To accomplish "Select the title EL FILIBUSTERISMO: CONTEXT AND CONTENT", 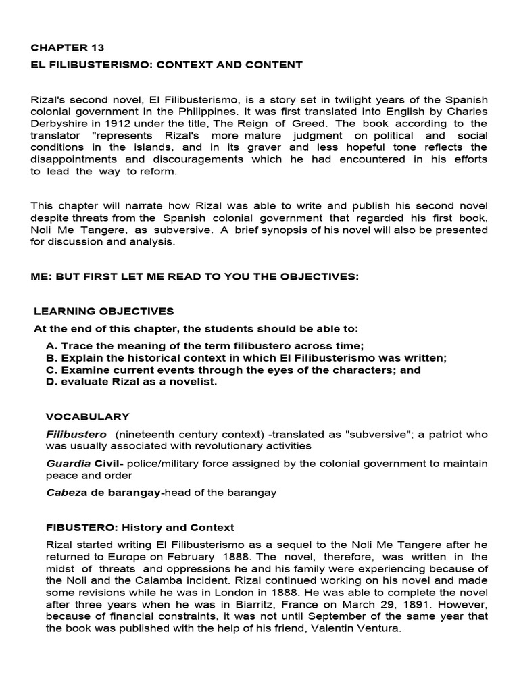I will point(167,65).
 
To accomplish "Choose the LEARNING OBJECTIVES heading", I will point(104,311).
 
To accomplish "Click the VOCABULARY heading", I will point(87,416).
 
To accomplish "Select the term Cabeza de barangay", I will point(105,493).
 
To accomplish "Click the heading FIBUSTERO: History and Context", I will point(140,527).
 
